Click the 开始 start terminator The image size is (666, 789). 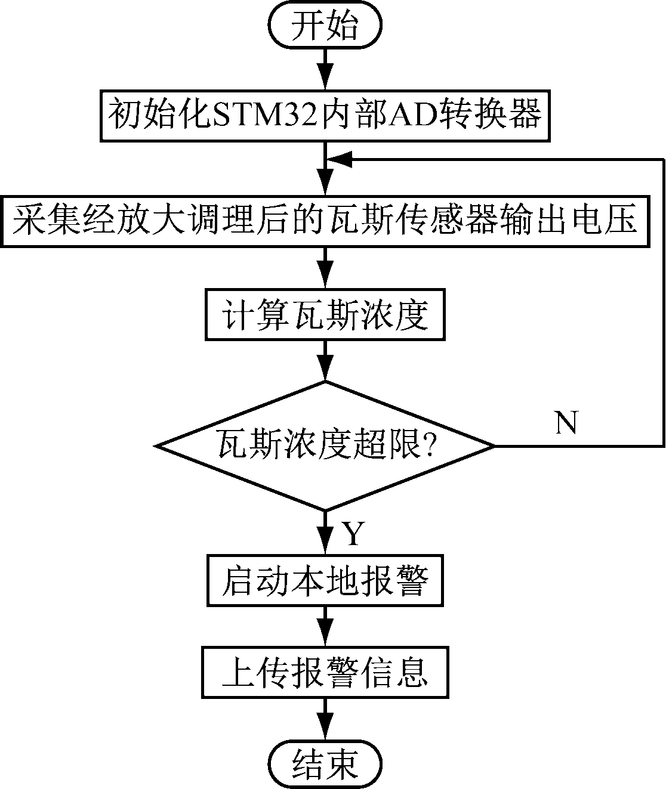pyautogui.click(x=325, y=26)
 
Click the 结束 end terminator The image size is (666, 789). pyautogui.click(x=325, y=763)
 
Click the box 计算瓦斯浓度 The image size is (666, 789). pyautogui.click(x=325, y=315)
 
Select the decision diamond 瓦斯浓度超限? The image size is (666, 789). pyautogui.click(x=325, y=445)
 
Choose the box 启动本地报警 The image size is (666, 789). pyautogui.click(x=325, y=580)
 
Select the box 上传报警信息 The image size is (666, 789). pyautogui.click(x=325, y=672)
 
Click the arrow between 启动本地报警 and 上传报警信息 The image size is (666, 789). pyautogui.click(x=325, y=626)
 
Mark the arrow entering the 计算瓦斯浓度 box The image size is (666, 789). pyautogui.click(x=325, y=268)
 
